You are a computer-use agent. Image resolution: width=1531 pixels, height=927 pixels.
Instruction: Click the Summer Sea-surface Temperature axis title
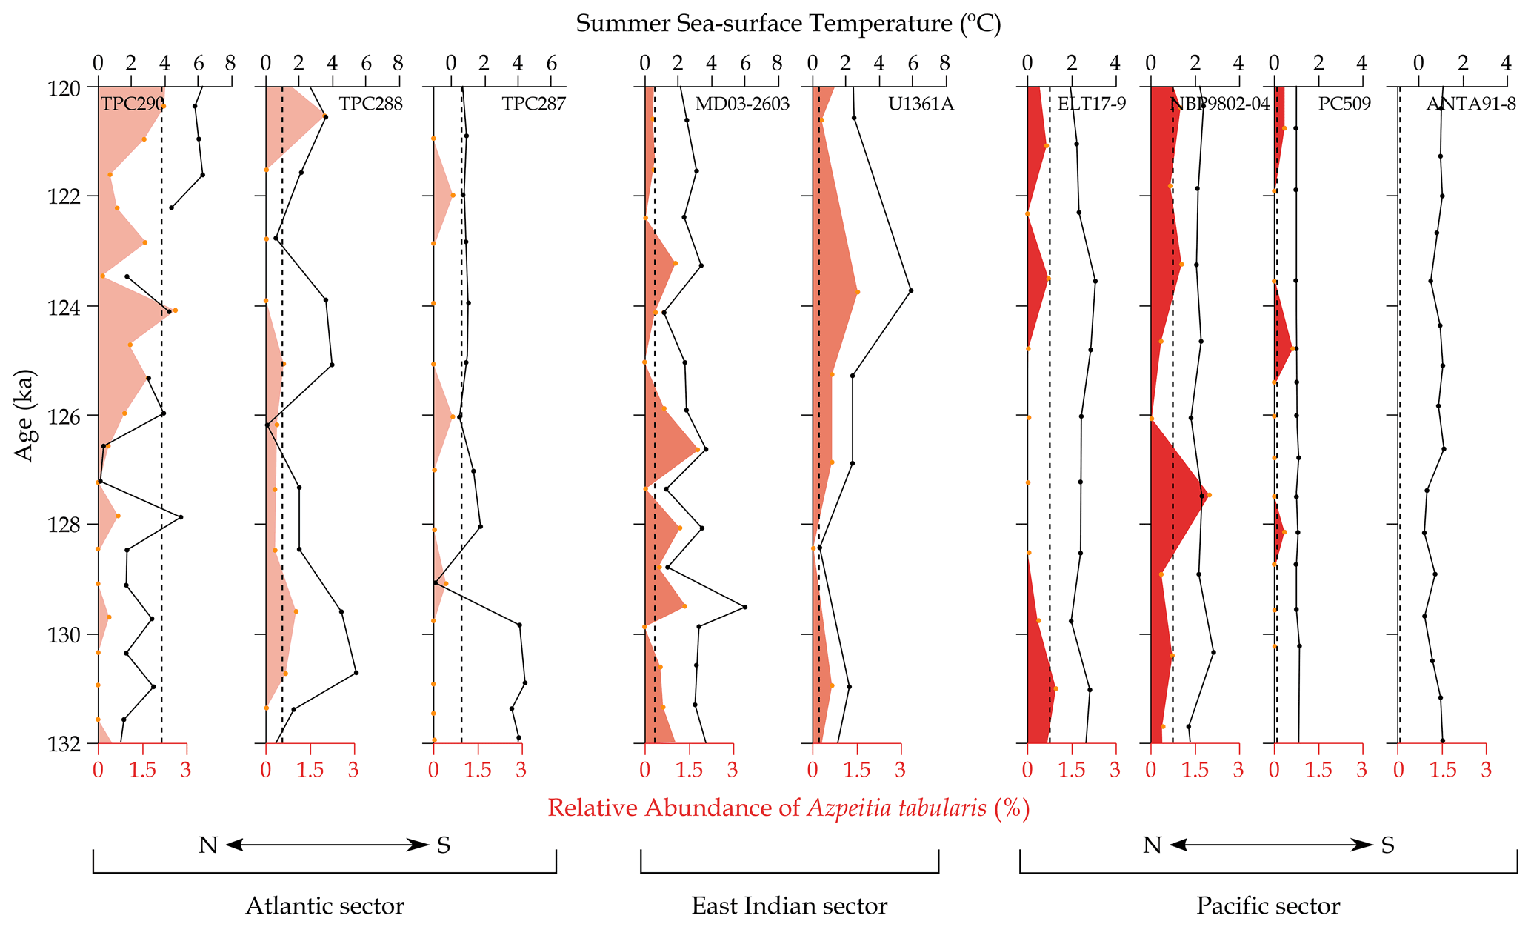[x=788, y=24]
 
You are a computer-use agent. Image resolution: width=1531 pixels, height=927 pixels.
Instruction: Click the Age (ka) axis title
[x=26, y=415]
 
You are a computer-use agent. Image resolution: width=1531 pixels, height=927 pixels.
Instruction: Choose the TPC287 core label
[x=533, y=104]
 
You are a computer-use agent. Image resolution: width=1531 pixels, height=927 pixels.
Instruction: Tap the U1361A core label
[x=921, y=104]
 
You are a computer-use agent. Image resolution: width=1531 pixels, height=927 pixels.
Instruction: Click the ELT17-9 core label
[x=1091, y=104]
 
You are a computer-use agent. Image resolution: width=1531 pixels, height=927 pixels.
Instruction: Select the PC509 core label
[x=1344, y=104]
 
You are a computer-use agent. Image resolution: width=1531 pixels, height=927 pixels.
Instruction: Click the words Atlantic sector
[x=324, y=906]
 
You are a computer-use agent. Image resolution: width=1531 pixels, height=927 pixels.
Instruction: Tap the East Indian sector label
[x=789, y=906]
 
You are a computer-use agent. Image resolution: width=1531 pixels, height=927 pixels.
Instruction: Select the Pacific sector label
[x=1268, y=906]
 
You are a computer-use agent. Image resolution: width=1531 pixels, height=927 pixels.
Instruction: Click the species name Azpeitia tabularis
[x=896, y=808]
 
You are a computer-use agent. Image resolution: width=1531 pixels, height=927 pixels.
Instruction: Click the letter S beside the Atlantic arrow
[x=444, y=845]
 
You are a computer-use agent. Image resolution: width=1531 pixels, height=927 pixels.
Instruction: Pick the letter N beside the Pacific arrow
[x=1152, y=845]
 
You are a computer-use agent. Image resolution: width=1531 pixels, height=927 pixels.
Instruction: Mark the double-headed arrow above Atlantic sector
[x=326, y=845]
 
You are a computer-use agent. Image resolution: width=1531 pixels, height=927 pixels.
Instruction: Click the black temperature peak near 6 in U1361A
[x=910, y=290]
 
